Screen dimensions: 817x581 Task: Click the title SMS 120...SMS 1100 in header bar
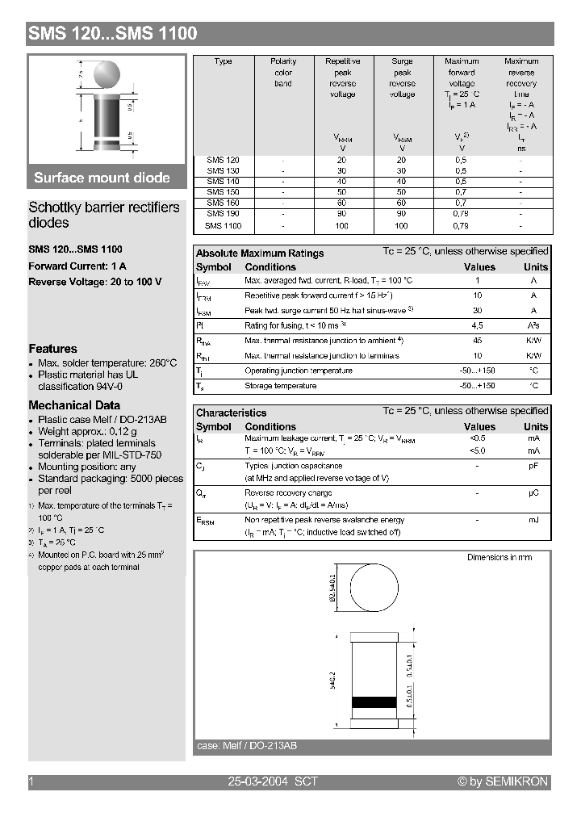(x=113, y=33)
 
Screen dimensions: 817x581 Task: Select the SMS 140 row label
(x=223, y=182)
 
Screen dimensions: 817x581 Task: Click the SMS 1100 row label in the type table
(x=223, y=226)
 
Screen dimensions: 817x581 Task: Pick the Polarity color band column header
(x=283, y=73)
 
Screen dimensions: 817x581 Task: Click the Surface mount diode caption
(x=102, y=178)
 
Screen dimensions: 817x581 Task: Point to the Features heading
(x=53, y=349)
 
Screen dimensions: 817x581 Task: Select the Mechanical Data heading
(x=74, y=405)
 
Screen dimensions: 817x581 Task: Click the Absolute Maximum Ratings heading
(x=260, y=253)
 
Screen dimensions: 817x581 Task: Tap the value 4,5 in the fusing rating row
(x=477, y=325)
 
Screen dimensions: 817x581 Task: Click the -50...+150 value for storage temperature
(x=477, y=386)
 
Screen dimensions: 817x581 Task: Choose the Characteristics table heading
(x=231, y=413)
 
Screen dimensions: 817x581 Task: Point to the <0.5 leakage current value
(x=477, y=438)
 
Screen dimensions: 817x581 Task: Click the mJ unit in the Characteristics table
(x=533, y=520)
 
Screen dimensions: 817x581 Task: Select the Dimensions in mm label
(x=499, y=557)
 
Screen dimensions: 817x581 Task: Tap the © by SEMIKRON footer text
(x=503, y=781)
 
